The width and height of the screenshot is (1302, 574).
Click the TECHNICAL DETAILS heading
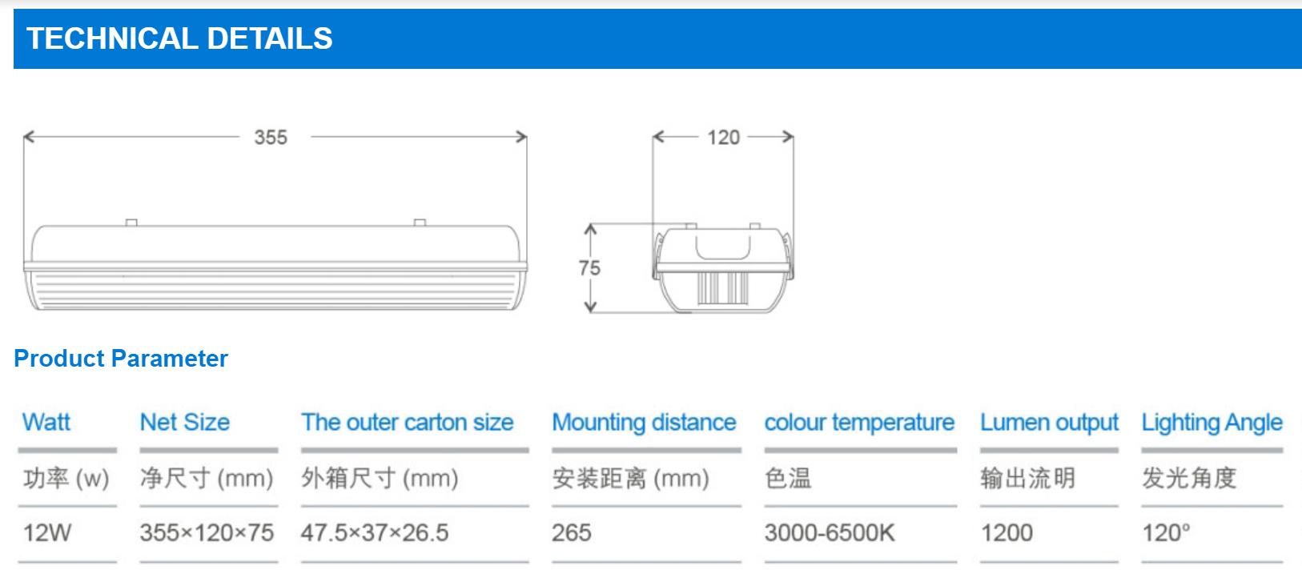pyautogui.click(x=179, y=38)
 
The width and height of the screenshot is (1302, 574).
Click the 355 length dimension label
pyautogui.click(x=271, y=138)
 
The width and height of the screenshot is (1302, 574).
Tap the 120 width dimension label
pyautogui.click(x=723, y=138)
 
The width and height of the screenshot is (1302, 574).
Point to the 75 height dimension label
pyautogui.click(x=589, y=268)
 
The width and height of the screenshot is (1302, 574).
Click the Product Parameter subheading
pyautogui.click(x=121, y=359)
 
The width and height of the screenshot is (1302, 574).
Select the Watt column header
pyautogui.click(x=46, y=422)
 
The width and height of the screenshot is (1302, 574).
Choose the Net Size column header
pyautogui.click(x=185, y=422)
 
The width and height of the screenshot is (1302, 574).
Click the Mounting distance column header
pyautogui.click(x=644, y=422)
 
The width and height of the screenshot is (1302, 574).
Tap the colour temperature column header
pyautogui.click(x=859, y=422)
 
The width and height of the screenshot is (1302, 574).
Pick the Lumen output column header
pyautogui.click(x=1049, y=422)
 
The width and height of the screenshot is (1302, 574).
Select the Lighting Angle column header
pyautogui.click(x=1212, y=422)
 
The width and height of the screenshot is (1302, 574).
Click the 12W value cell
pyautogui.click(x=47, y=532)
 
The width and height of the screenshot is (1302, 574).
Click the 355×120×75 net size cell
pyautogui.click(x=207, y=532)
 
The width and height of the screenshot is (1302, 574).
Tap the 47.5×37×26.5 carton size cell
pyautogui.click(x=375, y=532)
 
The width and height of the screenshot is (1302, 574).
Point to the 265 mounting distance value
pyautogui.click(x=572, y=532)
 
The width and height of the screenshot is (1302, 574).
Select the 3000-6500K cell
pyautogui.click(x=830, y=532)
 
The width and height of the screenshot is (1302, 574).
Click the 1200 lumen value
pyautogui.click(x=1007, y=532)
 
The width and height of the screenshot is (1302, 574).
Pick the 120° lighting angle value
pyautogui.click(x=1166, y=532)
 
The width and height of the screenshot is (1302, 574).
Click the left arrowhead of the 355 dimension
pyautogui.click(x=27, y=137)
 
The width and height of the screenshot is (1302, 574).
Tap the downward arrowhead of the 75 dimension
pyautogui.click(x=590, y=307)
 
